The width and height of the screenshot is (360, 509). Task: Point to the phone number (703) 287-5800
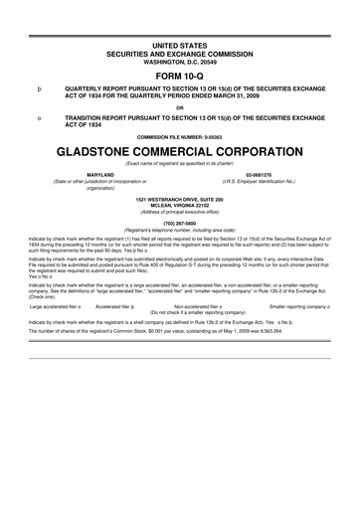pos(180,224)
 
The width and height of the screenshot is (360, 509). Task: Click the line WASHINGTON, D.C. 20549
pos(180,58)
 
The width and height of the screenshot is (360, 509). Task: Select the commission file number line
pos(180,136)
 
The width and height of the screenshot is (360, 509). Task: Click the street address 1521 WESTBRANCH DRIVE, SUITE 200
pos(180,199)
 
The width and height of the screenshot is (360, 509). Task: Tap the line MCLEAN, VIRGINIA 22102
pos(180,206)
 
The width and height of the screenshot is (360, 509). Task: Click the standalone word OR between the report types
pos(180,106)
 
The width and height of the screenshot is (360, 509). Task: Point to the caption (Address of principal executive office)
pos(180,213)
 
